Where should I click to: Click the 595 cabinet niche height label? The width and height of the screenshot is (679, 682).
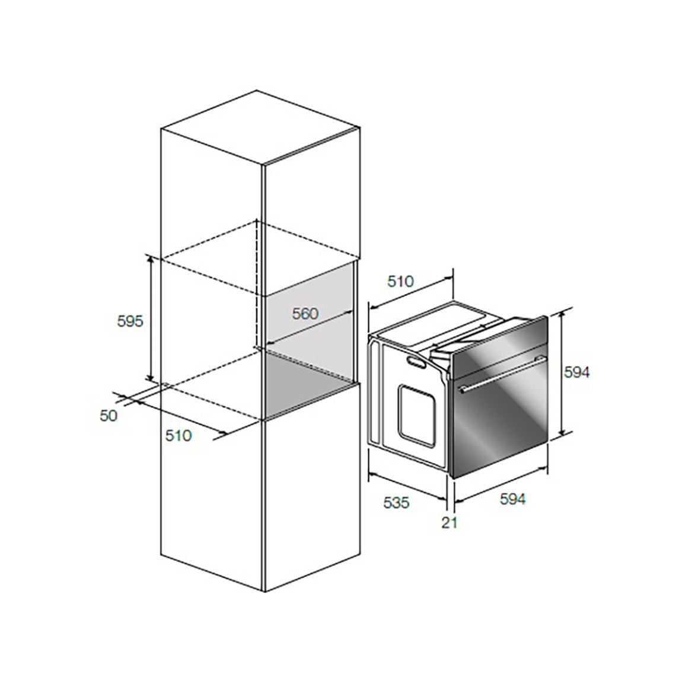[130, 321]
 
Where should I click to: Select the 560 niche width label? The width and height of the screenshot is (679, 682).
[305, 313]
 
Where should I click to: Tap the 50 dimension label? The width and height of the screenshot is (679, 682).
[109, 415]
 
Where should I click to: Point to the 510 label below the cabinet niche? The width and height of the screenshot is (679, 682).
[178, 435]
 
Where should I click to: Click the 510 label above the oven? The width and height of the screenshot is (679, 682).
[401, 282]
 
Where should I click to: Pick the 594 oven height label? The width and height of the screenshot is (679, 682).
[576, 372]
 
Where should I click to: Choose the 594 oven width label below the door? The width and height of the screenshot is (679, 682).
[512, 499]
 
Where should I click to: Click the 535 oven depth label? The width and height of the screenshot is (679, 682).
[396, 503]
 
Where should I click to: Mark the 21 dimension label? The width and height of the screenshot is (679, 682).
[450, 522]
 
